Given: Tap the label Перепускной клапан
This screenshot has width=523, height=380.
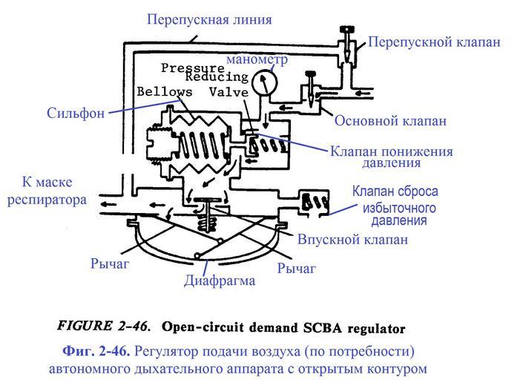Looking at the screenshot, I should click(434, 42).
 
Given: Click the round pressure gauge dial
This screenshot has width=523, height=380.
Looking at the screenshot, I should click(264, 83).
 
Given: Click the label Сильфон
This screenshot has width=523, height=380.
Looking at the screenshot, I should click(73, 114).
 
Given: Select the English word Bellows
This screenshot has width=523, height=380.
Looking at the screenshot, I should click(165, 91).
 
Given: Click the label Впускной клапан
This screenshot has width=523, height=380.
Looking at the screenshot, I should click(352, 240).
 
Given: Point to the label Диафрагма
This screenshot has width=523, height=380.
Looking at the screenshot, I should click(220, 281).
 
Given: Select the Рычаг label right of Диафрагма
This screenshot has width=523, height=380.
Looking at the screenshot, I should click(296, 268).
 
